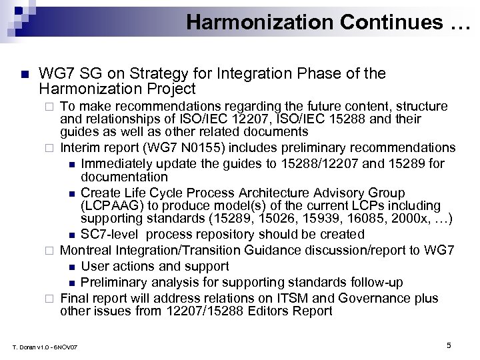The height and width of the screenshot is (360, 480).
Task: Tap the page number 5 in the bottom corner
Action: point(449,345)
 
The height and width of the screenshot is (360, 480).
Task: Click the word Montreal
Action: point(87,250)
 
